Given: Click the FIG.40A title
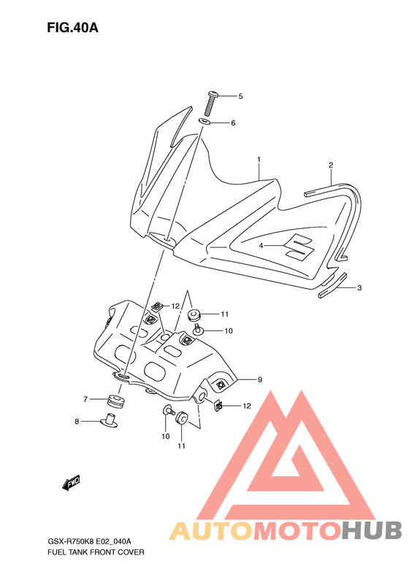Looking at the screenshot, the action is (72, 28).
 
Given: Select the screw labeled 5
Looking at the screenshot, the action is (211, 104).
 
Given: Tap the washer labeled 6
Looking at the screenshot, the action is (205, 121).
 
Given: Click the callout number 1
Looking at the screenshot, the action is (259, 159).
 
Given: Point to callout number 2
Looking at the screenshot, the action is (331, 165).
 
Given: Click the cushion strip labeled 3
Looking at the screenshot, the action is (333, 285).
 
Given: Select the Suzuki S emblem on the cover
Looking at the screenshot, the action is (299, 247).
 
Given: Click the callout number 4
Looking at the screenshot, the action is (261, 245).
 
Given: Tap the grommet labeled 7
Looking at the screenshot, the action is (116, 400).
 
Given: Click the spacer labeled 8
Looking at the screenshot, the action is (109, 421).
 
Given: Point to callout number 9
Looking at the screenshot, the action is (260, 379).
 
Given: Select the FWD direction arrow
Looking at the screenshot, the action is (71, 482).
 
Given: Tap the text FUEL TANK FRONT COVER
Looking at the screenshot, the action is (96, 552).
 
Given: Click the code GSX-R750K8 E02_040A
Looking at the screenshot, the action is (90, 541).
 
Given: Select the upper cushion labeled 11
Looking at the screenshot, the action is (194, 315).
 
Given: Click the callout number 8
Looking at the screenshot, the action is (77, 422).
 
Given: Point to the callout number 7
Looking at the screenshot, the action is (85, 399).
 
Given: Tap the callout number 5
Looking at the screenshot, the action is (240, 96).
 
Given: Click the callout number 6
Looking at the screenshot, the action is (233, 123).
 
